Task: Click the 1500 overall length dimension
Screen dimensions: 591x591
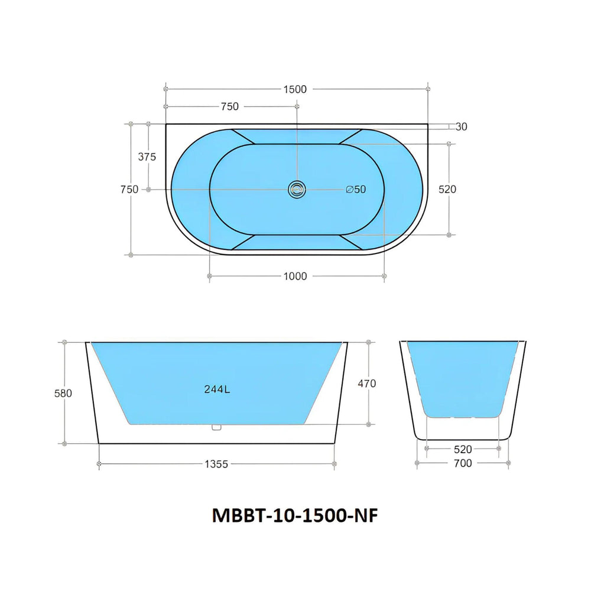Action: [x=295, y=89]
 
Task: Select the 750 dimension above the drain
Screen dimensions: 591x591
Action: [x=229, y=107]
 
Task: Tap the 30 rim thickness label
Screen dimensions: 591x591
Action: [x=462, y=126]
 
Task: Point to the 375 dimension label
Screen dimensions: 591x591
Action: [x=147, y=157]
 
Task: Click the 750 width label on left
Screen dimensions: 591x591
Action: [x=129, y=190]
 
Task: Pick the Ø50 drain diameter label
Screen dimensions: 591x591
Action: [x=356, y=190]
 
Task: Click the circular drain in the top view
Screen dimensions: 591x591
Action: [x=297, y=189]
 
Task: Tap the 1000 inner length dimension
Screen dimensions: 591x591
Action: [x=295, y=276]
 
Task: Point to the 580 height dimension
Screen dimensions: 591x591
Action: [x=63, y=393]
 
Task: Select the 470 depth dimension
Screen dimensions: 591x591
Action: [x=367, y=384]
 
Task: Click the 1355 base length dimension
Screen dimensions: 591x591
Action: [x=217, y=465]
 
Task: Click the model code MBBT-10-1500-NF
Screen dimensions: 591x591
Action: [x=294, y=515]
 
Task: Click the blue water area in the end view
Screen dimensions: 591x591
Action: [x=462, y=378]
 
